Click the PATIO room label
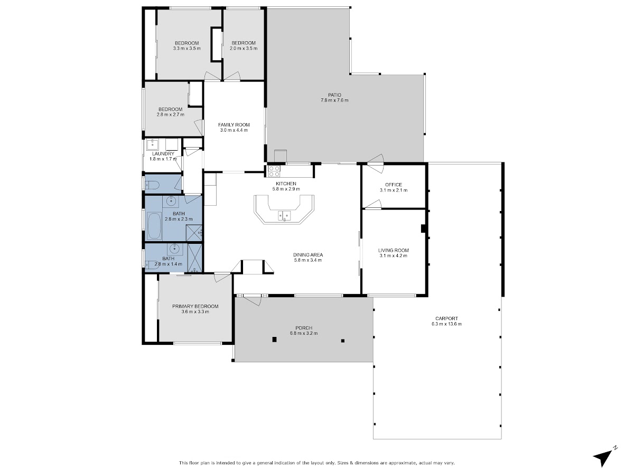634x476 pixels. [x=334, y=95]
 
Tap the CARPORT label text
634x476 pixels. [x=446, y=319]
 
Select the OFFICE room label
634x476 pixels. [x=394, y=185]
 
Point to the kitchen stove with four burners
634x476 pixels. [x=274, y=171]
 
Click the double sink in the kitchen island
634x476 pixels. [x=284, y=216]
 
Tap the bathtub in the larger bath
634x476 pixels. [x=154, y=226]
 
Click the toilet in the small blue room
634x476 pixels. [x=151, y=185]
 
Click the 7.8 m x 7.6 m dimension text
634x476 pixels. [x=334, y=100]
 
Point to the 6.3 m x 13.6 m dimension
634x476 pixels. [x=446, y=324]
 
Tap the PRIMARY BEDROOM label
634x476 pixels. [x=195, y=306]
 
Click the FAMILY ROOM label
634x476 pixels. [x=234, y=125]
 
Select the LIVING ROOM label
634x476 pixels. [x=394, y=250]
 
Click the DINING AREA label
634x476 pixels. [x=308, y=255]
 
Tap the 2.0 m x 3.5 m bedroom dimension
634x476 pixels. [x=244, y=49]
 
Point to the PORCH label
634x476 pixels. [x=304, y=328]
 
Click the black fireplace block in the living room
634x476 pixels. [x=424, y=228]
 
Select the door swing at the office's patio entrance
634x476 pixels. [x=376, y=163]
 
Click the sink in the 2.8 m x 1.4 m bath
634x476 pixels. [x=175, y=248]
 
